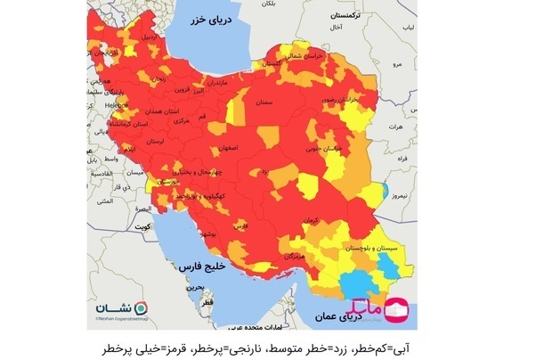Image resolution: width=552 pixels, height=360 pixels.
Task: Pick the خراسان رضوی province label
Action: (342, 104)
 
